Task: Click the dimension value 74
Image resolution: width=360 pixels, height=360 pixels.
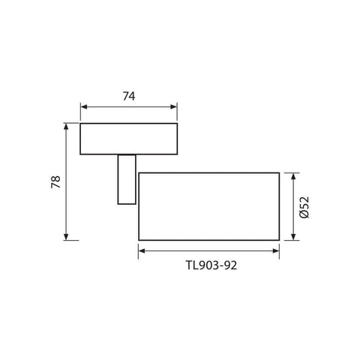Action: [x=129, y=95]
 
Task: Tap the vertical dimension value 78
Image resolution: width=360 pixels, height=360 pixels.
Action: [x=55, y=181]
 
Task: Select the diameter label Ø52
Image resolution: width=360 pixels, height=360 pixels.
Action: [x=304, y=207]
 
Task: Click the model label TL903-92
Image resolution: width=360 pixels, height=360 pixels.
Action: [x=210, y=264]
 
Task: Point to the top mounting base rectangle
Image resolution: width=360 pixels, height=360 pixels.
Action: [x=129, y=138]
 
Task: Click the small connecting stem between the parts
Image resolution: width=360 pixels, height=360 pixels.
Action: [x=127, y=178]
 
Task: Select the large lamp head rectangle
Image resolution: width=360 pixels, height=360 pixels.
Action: [x=208, y=206]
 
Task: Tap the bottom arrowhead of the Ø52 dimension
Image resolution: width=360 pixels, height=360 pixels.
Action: [x=292, y=236]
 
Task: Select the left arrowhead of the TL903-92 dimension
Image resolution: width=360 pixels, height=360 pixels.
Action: [x=142, y=250]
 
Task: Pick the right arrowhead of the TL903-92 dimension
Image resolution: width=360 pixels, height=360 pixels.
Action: [x=275, y=250]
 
